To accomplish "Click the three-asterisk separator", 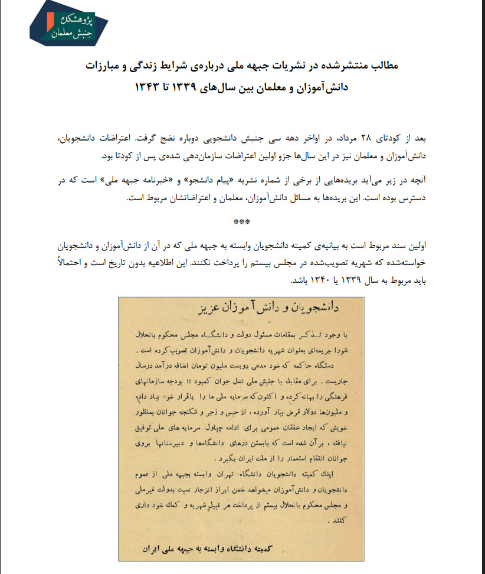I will [x=242, y=221].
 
